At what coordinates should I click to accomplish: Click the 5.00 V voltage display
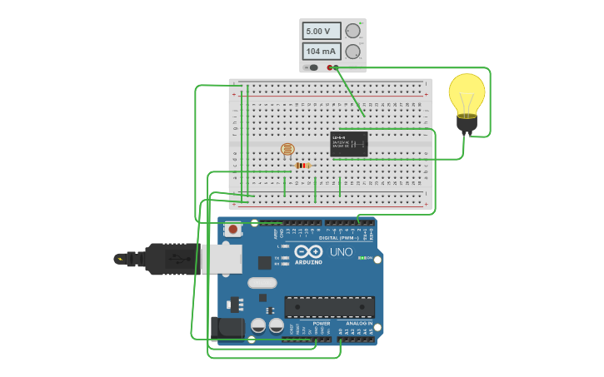321,31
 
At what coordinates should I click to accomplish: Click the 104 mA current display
321,52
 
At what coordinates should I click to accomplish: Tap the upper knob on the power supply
352,31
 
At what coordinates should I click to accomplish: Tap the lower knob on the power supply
352,52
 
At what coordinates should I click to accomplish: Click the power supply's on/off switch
313,67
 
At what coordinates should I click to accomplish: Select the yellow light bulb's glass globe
467,93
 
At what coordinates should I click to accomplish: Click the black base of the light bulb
467,125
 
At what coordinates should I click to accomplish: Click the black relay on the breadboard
349,143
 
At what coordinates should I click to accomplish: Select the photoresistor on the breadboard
287,150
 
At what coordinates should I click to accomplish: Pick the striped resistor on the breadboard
302,166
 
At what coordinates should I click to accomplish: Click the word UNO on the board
342,251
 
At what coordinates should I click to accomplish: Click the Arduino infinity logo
308,252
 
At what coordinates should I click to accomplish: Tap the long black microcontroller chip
329,306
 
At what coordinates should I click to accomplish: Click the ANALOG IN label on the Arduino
360,323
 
